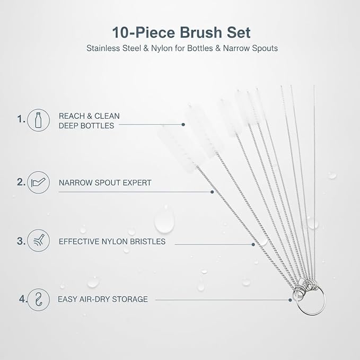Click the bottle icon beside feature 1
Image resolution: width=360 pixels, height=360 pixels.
(x=38, y=120)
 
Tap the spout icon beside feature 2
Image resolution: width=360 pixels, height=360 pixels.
(x=38, y=182)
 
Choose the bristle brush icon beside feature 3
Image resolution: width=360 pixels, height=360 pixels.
(x=38, y=241)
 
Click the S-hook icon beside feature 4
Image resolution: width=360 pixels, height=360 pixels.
(x=39, y=300)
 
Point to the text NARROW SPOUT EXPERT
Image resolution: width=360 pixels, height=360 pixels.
(x=105, y=183)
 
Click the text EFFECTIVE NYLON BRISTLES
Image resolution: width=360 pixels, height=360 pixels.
(x=112, y=242)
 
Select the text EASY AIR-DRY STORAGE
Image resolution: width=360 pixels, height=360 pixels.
(x=103, y=299)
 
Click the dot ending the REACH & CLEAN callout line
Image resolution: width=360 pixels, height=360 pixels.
(x=183, y=125)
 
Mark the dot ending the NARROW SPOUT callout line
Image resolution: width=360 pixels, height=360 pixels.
(x=212, y=192)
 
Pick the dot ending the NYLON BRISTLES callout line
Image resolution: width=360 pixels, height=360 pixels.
(x=253, y=244)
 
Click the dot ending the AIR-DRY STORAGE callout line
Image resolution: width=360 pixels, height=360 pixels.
(x=290, y=300)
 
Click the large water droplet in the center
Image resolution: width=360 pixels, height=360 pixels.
(x=164, y=220)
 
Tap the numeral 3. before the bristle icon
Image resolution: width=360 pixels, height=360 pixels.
(x=21, y=241)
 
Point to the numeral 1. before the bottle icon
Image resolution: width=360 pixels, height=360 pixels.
(x=21, y=119)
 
